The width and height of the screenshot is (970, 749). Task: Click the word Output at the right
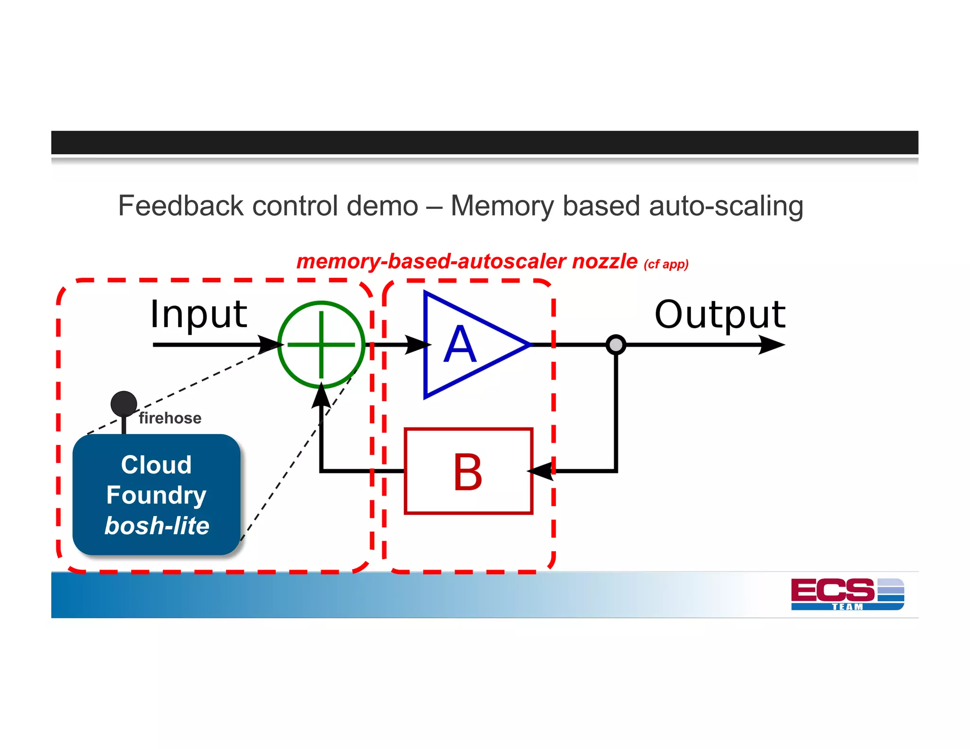tap(719, 315)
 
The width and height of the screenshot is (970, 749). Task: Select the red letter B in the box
tap(467, 472)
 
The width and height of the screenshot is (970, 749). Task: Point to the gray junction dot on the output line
tap(616, 345)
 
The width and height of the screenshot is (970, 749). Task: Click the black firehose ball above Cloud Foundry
tap(124, 404)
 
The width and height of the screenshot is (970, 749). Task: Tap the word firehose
tap(170, 418)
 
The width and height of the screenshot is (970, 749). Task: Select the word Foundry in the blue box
tap(156, 495)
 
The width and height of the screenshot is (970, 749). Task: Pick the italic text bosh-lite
tap(157, 526)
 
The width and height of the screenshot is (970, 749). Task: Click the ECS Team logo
tap(847, 594)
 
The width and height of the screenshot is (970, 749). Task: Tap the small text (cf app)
tap(666, 264)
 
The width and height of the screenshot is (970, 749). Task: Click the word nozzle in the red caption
tap(604, 261)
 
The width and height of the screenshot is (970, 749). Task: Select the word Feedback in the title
tap(180, 206)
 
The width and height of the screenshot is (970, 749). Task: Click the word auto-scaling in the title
tap(726, 206)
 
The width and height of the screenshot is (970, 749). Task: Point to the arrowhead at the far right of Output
tap(772, 345)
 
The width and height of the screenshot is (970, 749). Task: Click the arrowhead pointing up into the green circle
tap(322, 397)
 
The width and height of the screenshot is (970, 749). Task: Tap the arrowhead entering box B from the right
tap(541, 471)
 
